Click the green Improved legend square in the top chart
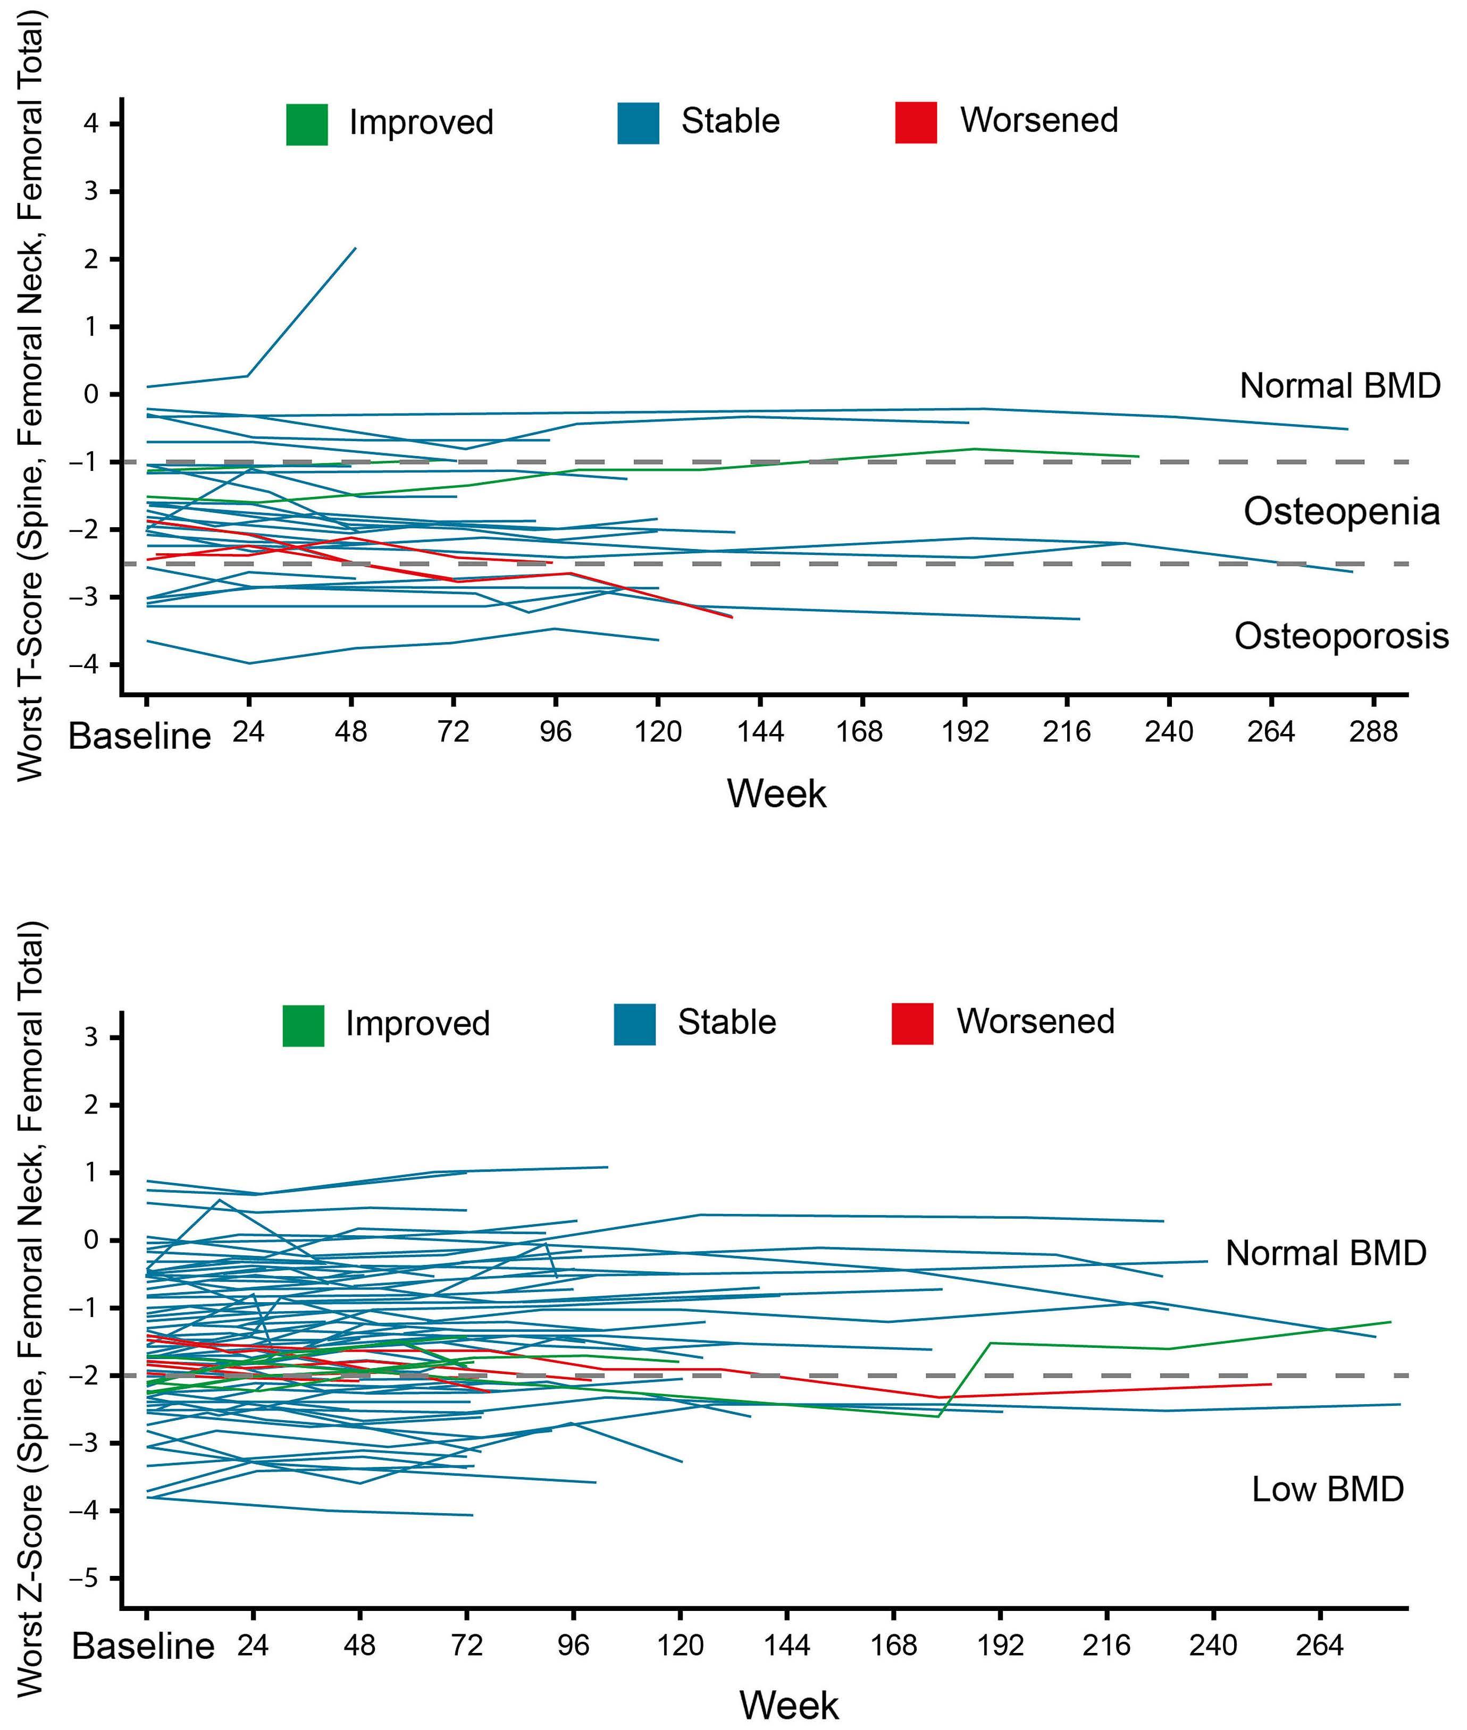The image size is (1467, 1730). [x=307, y=124]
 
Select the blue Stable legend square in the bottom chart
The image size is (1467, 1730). [x=634, y=1024]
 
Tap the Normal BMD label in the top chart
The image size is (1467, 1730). [x=1340, y=386]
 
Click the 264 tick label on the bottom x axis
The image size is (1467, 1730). [x=1320, y=1645]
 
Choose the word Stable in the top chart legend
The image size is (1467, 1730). [x=730, y=121]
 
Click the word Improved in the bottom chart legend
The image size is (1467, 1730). [x=417, y=1023]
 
